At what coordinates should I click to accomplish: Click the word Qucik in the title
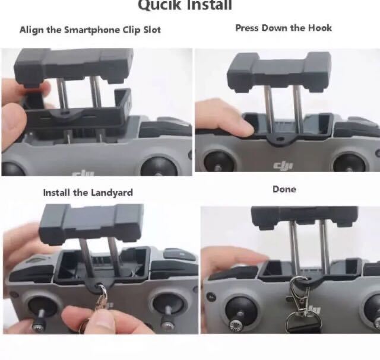pyautogui.click(x=159, y=5)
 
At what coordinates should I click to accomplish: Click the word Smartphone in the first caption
pyautogui.click(x=92, y=30)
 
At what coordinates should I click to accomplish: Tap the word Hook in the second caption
pyautogui.click(x=319, y=28)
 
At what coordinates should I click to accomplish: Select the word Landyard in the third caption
pyautogui.click(x=112, y=193)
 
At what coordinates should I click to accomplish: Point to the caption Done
pyautogui.click(x=284, y=189)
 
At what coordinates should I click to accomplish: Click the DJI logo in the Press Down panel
pyautogui.click(x=283, y=165)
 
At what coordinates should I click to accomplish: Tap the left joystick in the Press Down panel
pyautogui.click(x=219, y=162)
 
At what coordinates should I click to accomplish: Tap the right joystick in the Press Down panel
pyautogui.click(x=349, y=163)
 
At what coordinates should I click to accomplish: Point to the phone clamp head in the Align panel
pyautogui.click(x=74, y=66)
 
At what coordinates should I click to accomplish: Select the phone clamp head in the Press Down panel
pyautogui.click(x=279, y=72)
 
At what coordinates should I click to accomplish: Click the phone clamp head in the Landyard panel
pyautogui.click(x=91, y=224)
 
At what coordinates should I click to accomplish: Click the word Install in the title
pyautogui.click(x=208, y=5)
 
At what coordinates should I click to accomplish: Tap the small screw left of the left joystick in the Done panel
pyautogui.click(x=211, y=297)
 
